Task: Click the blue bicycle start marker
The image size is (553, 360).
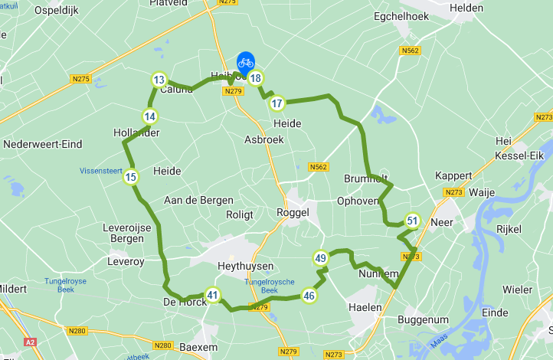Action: (246, 62)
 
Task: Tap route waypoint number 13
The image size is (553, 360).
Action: (159, 80)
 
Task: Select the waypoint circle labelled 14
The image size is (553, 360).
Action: (150, 116)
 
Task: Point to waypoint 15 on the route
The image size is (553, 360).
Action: (131, 177)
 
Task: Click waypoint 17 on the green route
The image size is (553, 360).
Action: (277, 103)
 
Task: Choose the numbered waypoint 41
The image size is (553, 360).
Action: (212, 295)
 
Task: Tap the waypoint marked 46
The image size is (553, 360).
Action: (309, 295)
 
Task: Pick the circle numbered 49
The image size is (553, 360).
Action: (320, 258)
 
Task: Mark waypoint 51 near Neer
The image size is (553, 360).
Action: (412, 221)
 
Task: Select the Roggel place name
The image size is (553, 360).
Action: (293, 213)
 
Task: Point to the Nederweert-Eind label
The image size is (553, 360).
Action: (42, 144)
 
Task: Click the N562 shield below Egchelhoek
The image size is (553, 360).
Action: (411, 51)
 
